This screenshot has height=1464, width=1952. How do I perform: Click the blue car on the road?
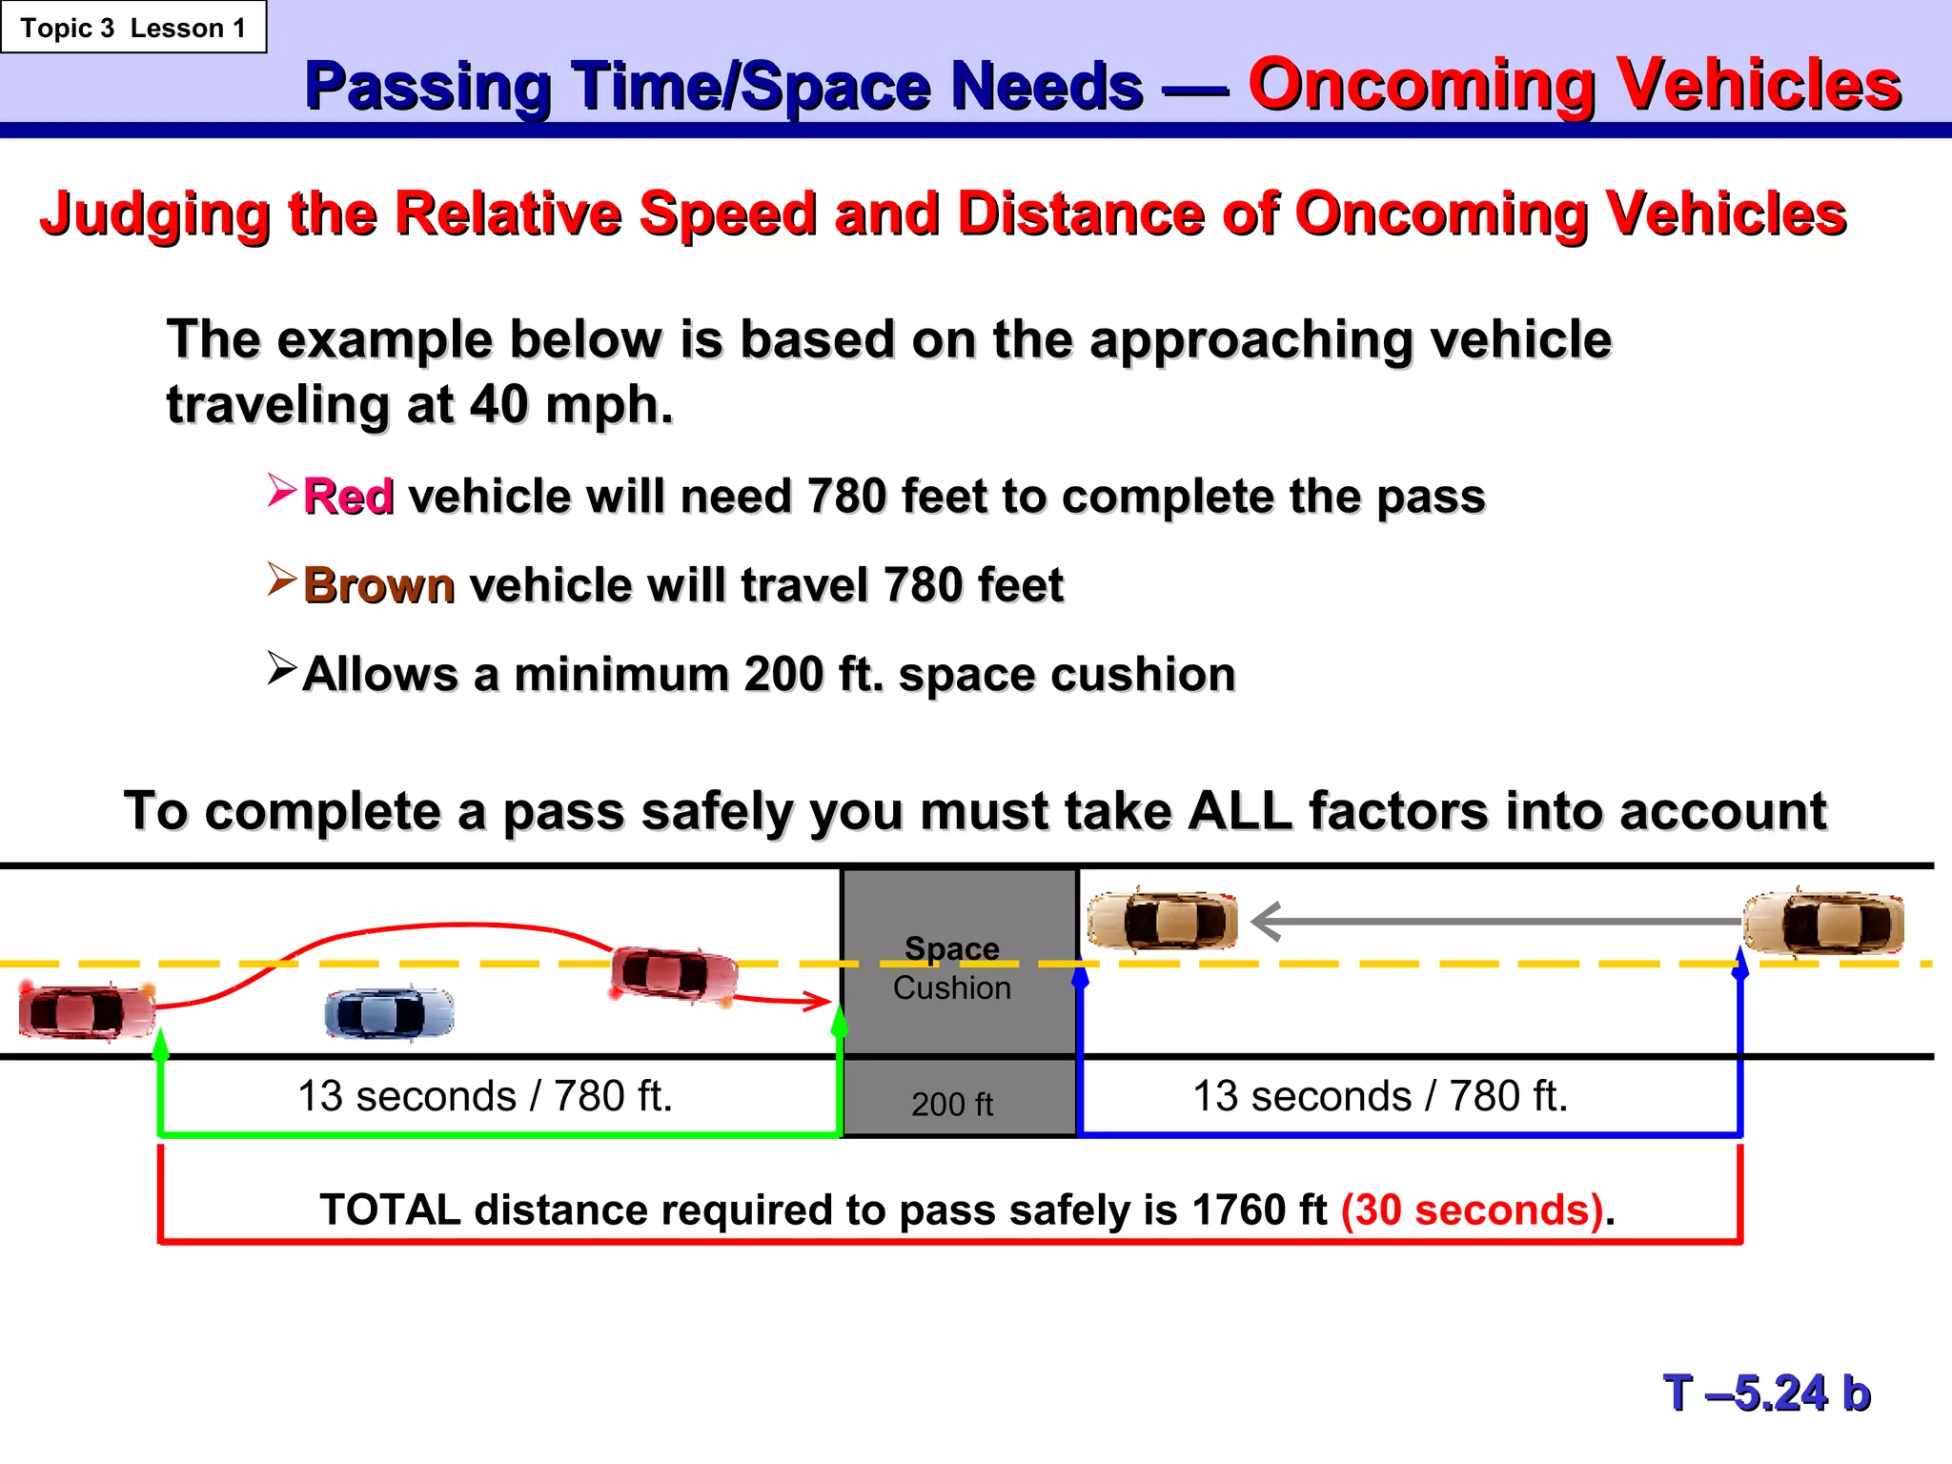point(389,1012)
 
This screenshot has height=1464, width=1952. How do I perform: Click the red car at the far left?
point(86,1011)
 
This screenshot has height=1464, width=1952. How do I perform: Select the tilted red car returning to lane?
point(674,974)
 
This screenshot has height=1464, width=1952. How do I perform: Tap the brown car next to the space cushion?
point(1163,921)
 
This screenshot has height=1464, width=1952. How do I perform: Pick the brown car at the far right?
point(1823,923)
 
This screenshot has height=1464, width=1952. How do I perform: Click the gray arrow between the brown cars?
point(1496,922)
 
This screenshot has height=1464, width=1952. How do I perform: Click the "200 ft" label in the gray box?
point(951,1104)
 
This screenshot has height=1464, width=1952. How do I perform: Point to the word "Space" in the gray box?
point(951,948)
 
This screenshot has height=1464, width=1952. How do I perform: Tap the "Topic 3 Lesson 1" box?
point(132,28)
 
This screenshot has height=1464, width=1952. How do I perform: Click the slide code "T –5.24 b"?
point(1767,1393)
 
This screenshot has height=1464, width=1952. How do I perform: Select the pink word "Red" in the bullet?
point(348,497)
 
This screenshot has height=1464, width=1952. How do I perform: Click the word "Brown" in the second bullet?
point(378,585)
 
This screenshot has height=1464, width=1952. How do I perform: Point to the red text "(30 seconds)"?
point(1472,1210)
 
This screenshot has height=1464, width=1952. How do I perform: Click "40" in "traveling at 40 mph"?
point(498,405)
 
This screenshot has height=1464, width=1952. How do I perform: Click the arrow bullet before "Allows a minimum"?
point(282,668)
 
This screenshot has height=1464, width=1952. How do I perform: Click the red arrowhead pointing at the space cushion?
point(818,1001)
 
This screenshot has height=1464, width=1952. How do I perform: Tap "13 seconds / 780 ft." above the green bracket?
point(485,1096)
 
